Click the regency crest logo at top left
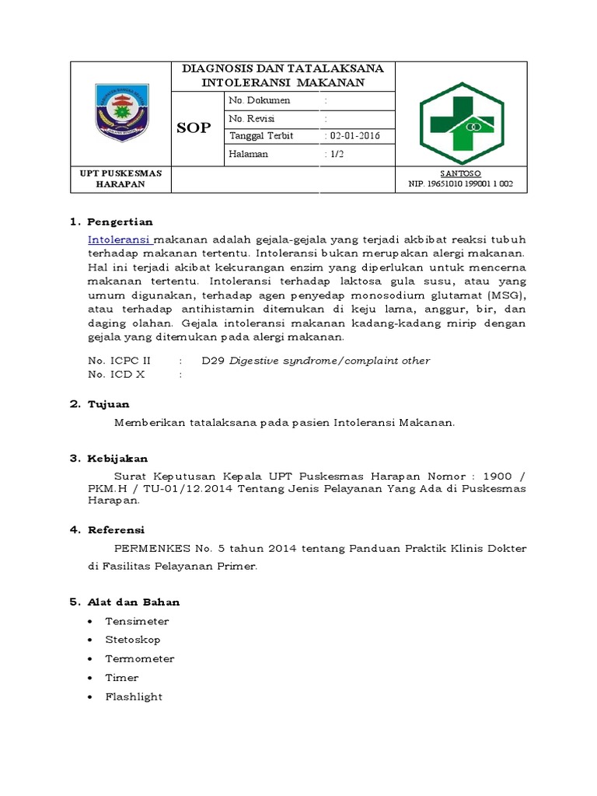point(120,110)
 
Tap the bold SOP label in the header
point(194,127)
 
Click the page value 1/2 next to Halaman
point(335,154)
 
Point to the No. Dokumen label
point(260,101)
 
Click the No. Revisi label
point(254,118)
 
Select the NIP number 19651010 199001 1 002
point(460,185)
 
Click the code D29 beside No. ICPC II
point(211,361)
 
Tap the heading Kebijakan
point(119,459)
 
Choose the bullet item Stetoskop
point(133,640)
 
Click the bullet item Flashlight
point(134,696)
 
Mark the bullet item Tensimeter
point(137,621)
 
